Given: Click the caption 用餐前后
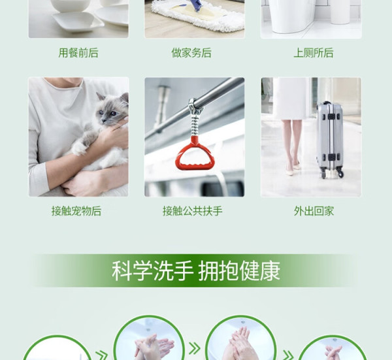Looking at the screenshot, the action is [x=78, y=53].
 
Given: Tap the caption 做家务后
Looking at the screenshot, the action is [x=191, y=53].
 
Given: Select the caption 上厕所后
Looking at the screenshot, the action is [x=313, y=53].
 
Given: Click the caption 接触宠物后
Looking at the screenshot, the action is [x=76, y=211].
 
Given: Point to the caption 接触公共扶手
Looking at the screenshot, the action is [x=193, y=211].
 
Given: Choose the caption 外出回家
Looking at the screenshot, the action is [x=314, y=211].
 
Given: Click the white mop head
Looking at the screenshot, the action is [x=198, y=18].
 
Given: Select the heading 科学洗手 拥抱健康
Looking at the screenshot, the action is [x=195, y=270].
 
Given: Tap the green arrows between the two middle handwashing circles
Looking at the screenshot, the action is [x=195, y=348].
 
